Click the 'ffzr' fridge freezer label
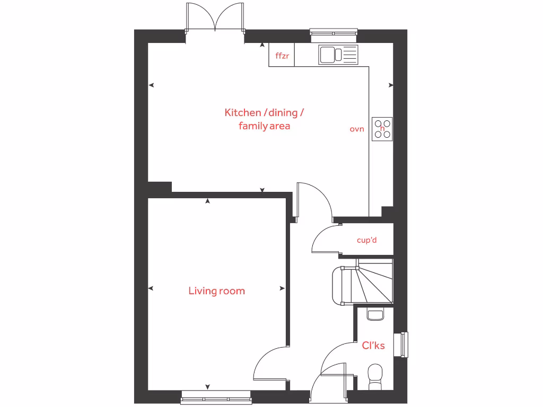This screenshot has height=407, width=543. coord(282,56)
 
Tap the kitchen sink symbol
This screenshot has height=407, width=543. coord(338,55)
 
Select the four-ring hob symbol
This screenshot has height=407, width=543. coord(382,128)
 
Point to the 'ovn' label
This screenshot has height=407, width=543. coord(357,129)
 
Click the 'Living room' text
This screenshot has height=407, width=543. coord(216,291)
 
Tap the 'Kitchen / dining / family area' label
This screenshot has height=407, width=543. coord(264,119)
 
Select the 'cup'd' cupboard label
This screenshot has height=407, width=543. coord(366,240)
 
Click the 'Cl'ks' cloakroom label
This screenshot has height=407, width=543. coord(373,346)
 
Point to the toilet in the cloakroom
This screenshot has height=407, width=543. coord(375,374)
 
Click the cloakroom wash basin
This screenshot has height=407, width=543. coord(375,315)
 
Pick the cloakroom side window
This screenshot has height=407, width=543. coord(404,344)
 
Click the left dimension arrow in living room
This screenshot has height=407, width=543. coord(151,288)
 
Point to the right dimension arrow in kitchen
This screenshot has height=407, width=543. coord(391,85)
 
